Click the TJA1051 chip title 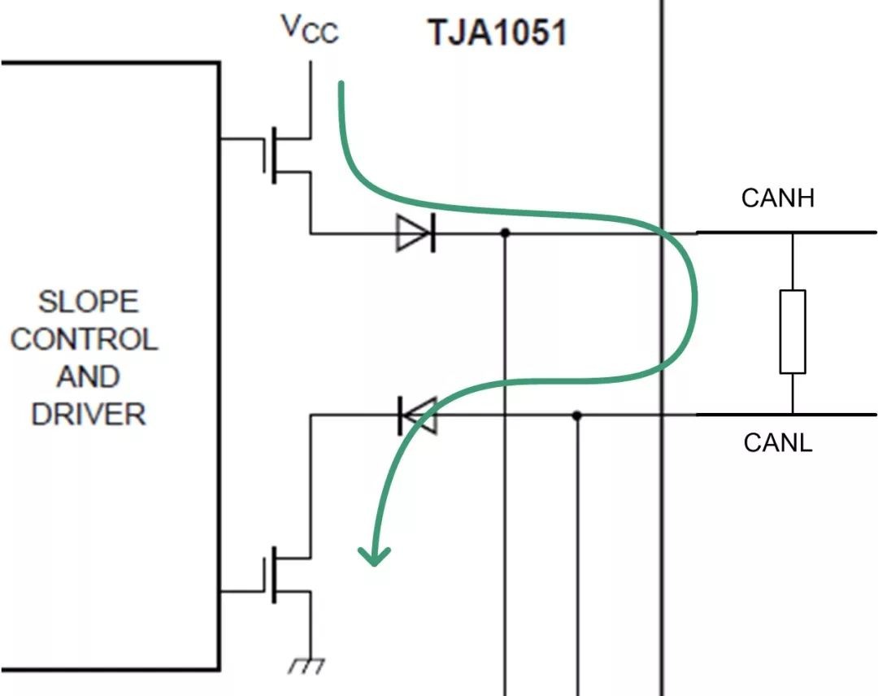coord(498,32)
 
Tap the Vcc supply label coord(311,28)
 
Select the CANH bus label coord(778,198)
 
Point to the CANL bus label coord(778,442)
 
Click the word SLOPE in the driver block coord(89,302)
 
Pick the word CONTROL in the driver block coord(85,339)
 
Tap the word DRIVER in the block coord(89,415)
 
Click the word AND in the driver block coord(88,376)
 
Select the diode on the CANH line coord(415,233)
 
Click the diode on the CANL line coord(418,415)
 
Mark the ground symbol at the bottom coord(306,666)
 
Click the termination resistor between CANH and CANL coord(793,332)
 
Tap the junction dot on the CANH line coord(505,233)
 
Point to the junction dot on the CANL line coord(576,415)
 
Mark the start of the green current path coord(341,84)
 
